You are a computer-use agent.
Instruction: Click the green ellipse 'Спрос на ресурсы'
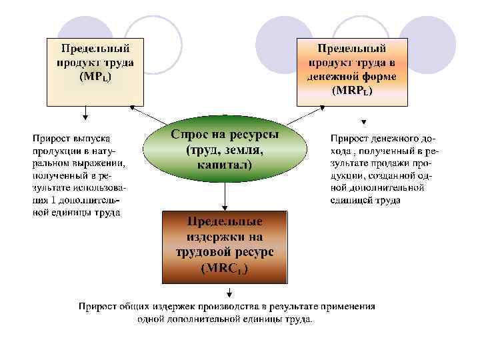[225, 149]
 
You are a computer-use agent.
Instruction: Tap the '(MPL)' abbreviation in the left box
[95, 77]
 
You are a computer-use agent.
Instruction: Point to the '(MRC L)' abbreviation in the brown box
[225, 269]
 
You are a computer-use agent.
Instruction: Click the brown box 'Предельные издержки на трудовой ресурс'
[225, 245]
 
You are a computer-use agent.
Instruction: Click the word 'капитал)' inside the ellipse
[225, 164]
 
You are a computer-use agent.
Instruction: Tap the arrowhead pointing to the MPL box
[133, 107]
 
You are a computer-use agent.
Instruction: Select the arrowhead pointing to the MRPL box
[319, 107]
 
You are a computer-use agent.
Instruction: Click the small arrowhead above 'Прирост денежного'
[363, 122]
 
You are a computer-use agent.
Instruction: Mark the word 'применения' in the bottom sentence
[347, 307]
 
